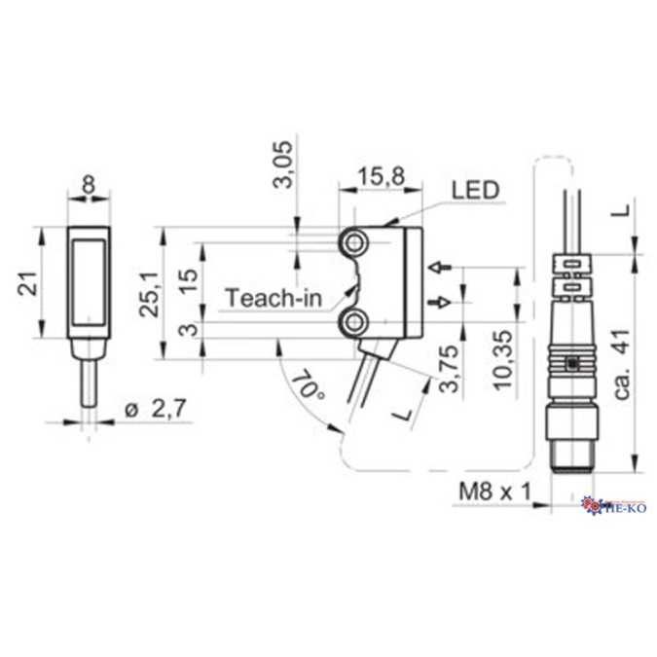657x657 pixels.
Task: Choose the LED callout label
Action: (x=474, y=190)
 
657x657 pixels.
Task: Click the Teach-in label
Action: (x=273, y=298)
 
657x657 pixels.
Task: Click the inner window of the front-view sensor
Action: (x=88, y=281)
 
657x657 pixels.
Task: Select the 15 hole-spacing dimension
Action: (x=193, y=280)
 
